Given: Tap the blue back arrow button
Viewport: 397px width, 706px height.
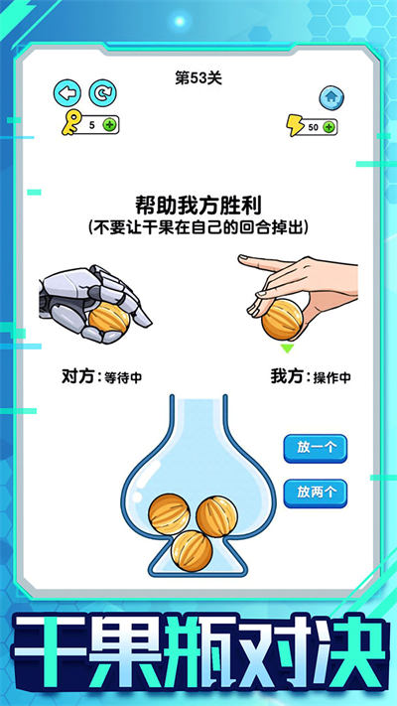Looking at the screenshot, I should [66, 93].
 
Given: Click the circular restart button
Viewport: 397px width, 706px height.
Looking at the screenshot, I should [101, 93].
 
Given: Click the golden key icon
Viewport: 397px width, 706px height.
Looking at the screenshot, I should [68, 125].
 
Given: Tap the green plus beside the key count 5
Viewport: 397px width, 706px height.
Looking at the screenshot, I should [108, 125].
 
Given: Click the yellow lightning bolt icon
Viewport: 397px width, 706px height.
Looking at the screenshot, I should [295, 126].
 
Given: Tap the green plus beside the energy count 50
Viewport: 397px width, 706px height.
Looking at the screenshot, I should [329, 127].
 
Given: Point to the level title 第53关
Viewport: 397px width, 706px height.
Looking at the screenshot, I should [198, 78].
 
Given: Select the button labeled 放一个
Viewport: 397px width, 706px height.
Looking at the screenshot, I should [315, 447].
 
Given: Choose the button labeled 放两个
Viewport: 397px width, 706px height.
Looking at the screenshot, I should [315, 491].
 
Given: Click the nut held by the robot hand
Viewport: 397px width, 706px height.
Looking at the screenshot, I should [107, 319].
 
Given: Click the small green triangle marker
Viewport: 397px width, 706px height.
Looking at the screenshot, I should [286, 349].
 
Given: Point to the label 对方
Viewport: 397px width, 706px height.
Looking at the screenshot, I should [77, 377].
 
